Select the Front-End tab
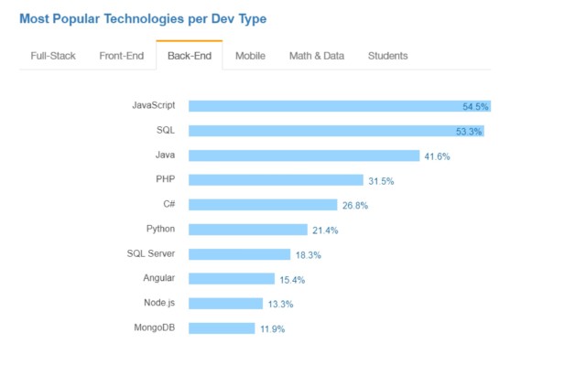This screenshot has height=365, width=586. [121, 56]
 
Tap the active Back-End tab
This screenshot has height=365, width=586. [189, 56]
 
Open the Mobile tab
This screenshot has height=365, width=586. [250, 56]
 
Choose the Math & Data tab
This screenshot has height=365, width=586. [317, 56]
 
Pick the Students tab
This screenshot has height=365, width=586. [387, 56]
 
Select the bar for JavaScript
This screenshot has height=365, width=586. [339, 106]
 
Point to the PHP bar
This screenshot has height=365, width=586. [276, 180]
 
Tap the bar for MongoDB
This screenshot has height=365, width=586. [222, 327]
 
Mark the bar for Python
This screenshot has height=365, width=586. [247, 230]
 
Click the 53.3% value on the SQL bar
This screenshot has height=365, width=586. [469, 132]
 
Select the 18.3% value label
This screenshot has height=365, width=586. [308, 255]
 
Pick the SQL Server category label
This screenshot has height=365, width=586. [151, 253]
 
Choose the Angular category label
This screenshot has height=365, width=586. [158, 277]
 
